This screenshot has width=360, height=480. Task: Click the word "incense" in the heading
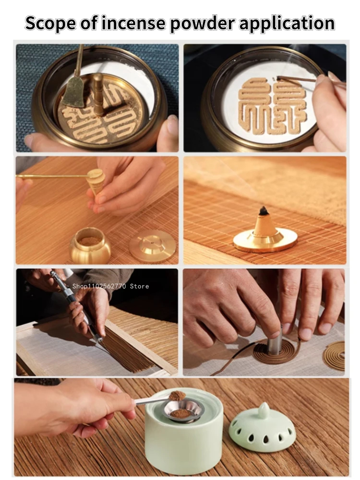(133, 23)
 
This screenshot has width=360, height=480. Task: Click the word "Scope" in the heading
(50, 24)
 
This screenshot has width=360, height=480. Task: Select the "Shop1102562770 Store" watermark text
(110, 286)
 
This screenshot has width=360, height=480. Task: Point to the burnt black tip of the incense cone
(263, 210)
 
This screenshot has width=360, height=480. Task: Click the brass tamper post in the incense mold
(98, 94)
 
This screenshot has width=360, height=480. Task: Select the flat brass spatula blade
(74, 91)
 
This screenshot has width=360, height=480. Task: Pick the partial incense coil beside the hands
(334, 355)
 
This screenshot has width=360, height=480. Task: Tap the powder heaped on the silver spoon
(177, 396)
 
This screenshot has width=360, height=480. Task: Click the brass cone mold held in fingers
(95, 181)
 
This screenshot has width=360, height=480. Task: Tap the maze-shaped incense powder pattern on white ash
(273, 105)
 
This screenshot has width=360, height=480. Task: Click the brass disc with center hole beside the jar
(153, 246)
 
